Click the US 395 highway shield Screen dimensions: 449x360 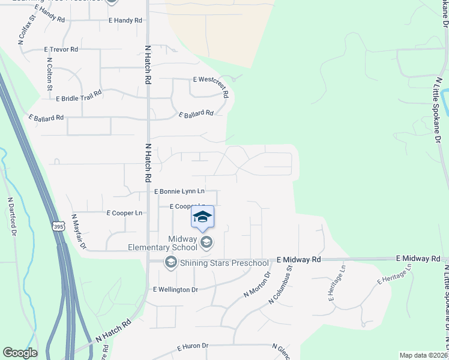(x=58, y=226)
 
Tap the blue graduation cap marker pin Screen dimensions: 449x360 (x=202, y=218)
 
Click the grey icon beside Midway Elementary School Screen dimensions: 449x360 (x=206, y=242)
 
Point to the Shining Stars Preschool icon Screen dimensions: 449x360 (x=170, y=262)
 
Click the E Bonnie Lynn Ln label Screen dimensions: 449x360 (x=179, y=191)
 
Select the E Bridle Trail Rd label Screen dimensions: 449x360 (x=79, y=97)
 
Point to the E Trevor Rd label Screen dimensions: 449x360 (x=61, y=49)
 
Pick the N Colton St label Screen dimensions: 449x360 (x=49, y=74)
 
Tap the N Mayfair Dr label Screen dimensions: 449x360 (x=79, y=231)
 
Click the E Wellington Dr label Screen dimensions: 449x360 (x=176, y=289)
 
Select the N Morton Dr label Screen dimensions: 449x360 (x=258, y=284)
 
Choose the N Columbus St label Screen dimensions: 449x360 (x=280, y=285)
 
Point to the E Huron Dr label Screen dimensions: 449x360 (x=193, y=346)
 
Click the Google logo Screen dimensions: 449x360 (x=20, y=353)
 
